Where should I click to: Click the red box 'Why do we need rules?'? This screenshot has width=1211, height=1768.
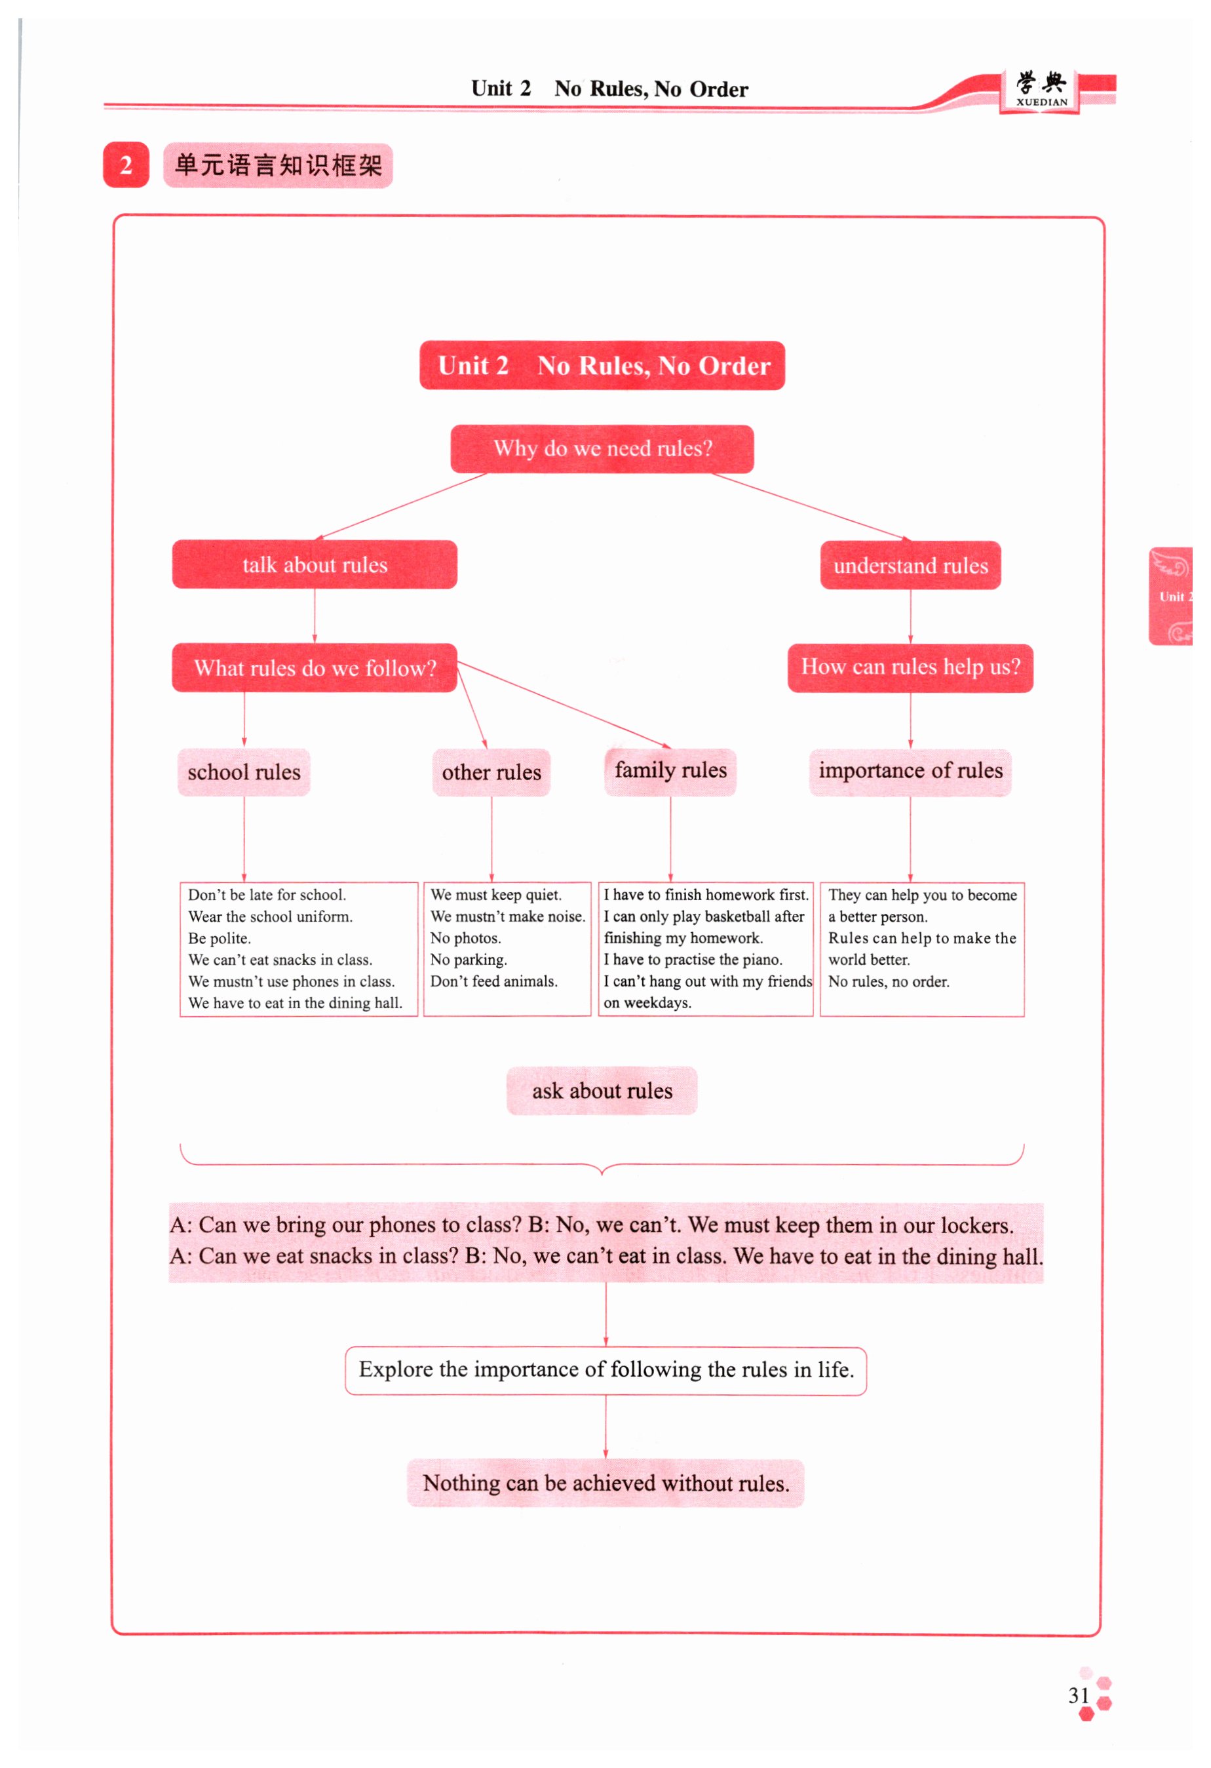(x=602, y=449)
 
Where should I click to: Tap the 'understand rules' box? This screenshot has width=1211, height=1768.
(x=910, y=565)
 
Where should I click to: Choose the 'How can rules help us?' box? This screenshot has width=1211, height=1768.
(x=910, y=667)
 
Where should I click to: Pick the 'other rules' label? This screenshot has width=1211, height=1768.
(x=491, y=772)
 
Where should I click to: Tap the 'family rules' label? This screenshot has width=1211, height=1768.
(x=670, y=771)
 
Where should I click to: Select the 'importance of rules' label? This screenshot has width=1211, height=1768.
(x=910, y=771)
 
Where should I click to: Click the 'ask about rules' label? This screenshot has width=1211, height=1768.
(x=602, y=1090)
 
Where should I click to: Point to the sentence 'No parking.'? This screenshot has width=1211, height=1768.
(x=469, y=959)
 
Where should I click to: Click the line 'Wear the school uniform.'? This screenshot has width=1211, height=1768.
(x=270, y=916)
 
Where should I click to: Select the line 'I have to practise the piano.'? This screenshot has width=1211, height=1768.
(x=692, y=959)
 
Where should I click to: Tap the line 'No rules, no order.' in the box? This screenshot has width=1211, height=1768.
(x=888, y=981)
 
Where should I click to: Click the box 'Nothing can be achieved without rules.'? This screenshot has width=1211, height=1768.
(x=605, y=1483)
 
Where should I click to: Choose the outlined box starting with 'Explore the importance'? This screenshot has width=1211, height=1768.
(x=605, y=1369)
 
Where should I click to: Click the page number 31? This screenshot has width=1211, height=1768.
(x=1078, y=1695)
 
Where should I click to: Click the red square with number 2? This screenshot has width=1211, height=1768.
(x=126, y=165)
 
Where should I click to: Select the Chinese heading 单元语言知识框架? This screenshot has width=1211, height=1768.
(x=278, y=165)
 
